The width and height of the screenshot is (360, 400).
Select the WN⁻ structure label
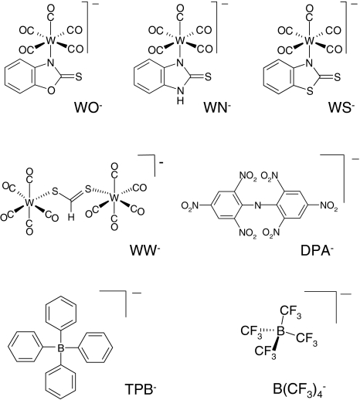(216, 107)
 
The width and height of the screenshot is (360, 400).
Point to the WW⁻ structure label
(144, 250)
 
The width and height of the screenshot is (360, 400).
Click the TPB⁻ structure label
(141, 388)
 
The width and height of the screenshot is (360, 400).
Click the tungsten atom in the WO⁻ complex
(51, 40)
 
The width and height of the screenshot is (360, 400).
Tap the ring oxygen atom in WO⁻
(51, 90)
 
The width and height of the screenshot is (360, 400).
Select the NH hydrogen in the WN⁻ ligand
(181, 100)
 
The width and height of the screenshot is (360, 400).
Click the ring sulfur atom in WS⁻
(310, 90)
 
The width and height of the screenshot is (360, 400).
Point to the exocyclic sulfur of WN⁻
(208, 76)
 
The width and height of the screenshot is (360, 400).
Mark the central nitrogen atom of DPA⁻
(257, 205)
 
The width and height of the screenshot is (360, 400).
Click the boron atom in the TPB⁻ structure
(61, 348)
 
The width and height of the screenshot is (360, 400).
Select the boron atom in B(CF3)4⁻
(280, 331)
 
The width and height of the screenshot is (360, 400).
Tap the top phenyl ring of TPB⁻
(61, 313)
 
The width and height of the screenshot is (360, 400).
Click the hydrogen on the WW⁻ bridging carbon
(71, 218)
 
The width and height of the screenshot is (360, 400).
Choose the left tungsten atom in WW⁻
(29, 203)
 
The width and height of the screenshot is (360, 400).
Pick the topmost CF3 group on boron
(290, 311)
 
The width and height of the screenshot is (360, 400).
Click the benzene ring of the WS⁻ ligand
(279, 76)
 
